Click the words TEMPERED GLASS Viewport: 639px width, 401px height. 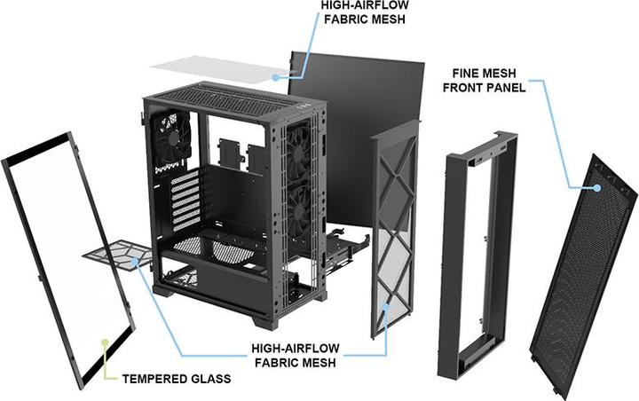(x=177, y=379)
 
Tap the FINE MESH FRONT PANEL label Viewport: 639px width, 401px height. (x=485, y=80)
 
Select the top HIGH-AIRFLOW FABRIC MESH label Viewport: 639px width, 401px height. (x=365, y=12)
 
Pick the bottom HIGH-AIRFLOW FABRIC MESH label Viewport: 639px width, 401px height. (x=296, y=356)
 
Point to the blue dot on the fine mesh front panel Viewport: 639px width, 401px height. (x=597, y=188)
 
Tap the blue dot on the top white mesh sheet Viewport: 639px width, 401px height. (x=276, y=77)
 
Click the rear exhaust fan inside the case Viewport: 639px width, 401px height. (x=172, y=137)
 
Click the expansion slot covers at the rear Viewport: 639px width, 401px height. (x=185, y=200)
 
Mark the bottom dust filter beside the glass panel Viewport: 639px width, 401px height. (x=118, y=256)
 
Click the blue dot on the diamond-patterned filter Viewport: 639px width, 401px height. (x=386, y=306)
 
